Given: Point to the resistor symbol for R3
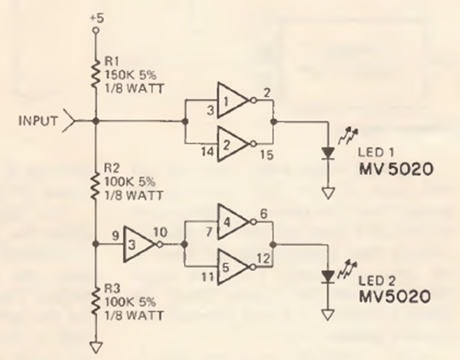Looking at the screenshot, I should (96, 302).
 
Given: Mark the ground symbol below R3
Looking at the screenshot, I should (96, 345).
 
